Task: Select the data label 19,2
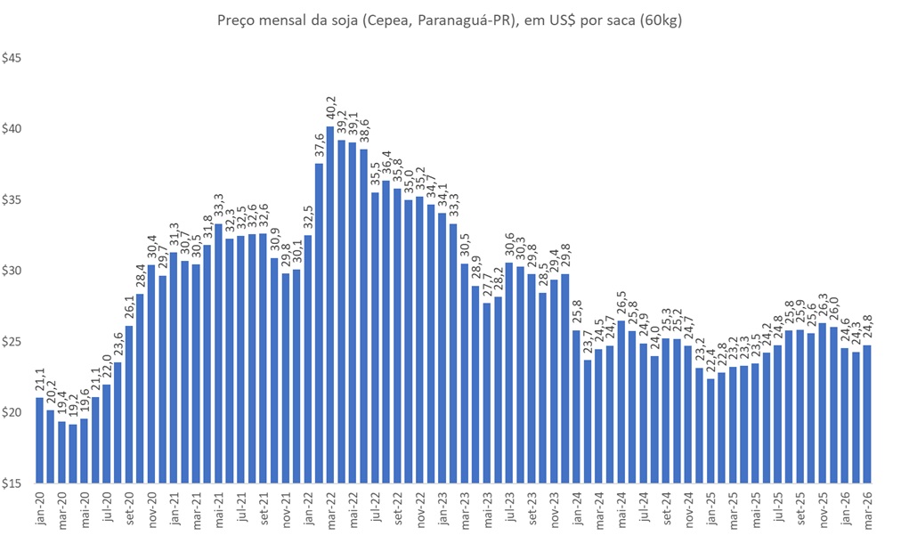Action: point(73,408)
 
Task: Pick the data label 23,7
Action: point(588,344)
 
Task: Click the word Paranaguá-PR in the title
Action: point(408,19)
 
